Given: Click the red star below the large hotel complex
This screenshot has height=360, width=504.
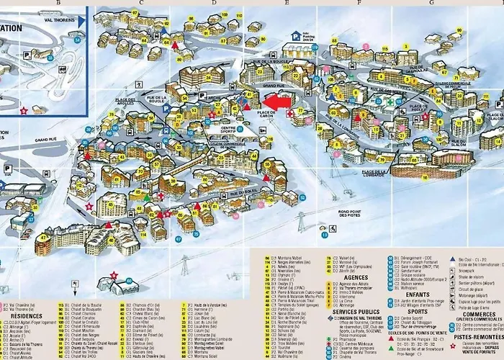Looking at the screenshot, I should [x=114, y=275].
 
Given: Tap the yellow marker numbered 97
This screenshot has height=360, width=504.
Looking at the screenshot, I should [x=178, y=239].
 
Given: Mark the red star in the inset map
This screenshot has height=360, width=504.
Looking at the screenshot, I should [x=24, y=111].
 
